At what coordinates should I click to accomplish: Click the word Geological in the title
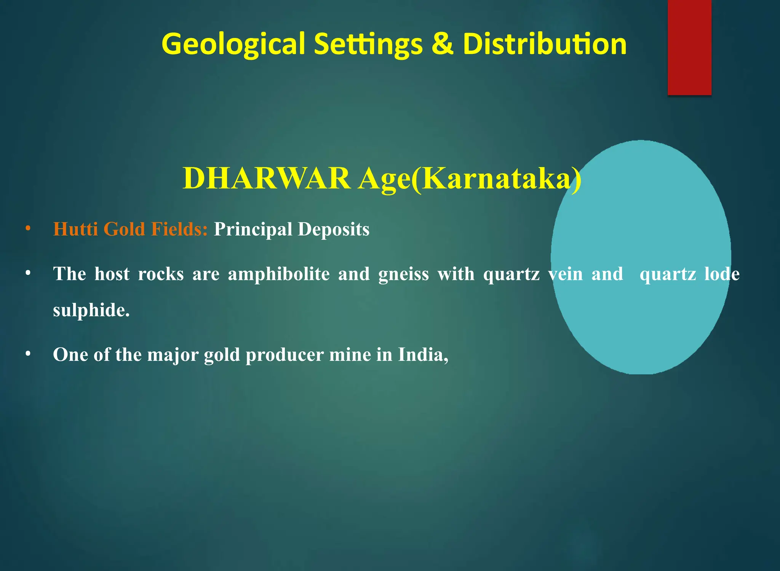pos(233,44)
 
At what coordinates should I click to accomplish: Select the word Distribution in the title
pos(545,44)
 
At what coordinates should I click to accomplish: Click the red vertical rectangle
pos(689,47)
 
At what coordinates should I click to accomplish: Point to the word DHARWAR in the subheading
pos(267,178)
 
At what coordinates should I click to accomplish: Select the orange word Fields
pos(179,229)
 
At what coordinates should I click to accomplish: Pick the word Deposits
pos(334,229)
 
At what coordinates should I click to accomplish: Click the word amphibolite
pos(279,274)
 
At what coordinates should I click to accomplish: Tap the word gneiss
pos(403,274)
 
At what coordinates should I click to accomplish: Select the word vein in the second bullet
pos(565,274)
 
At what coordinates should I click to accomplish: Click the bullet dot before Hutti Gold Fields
pos(28,229)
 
